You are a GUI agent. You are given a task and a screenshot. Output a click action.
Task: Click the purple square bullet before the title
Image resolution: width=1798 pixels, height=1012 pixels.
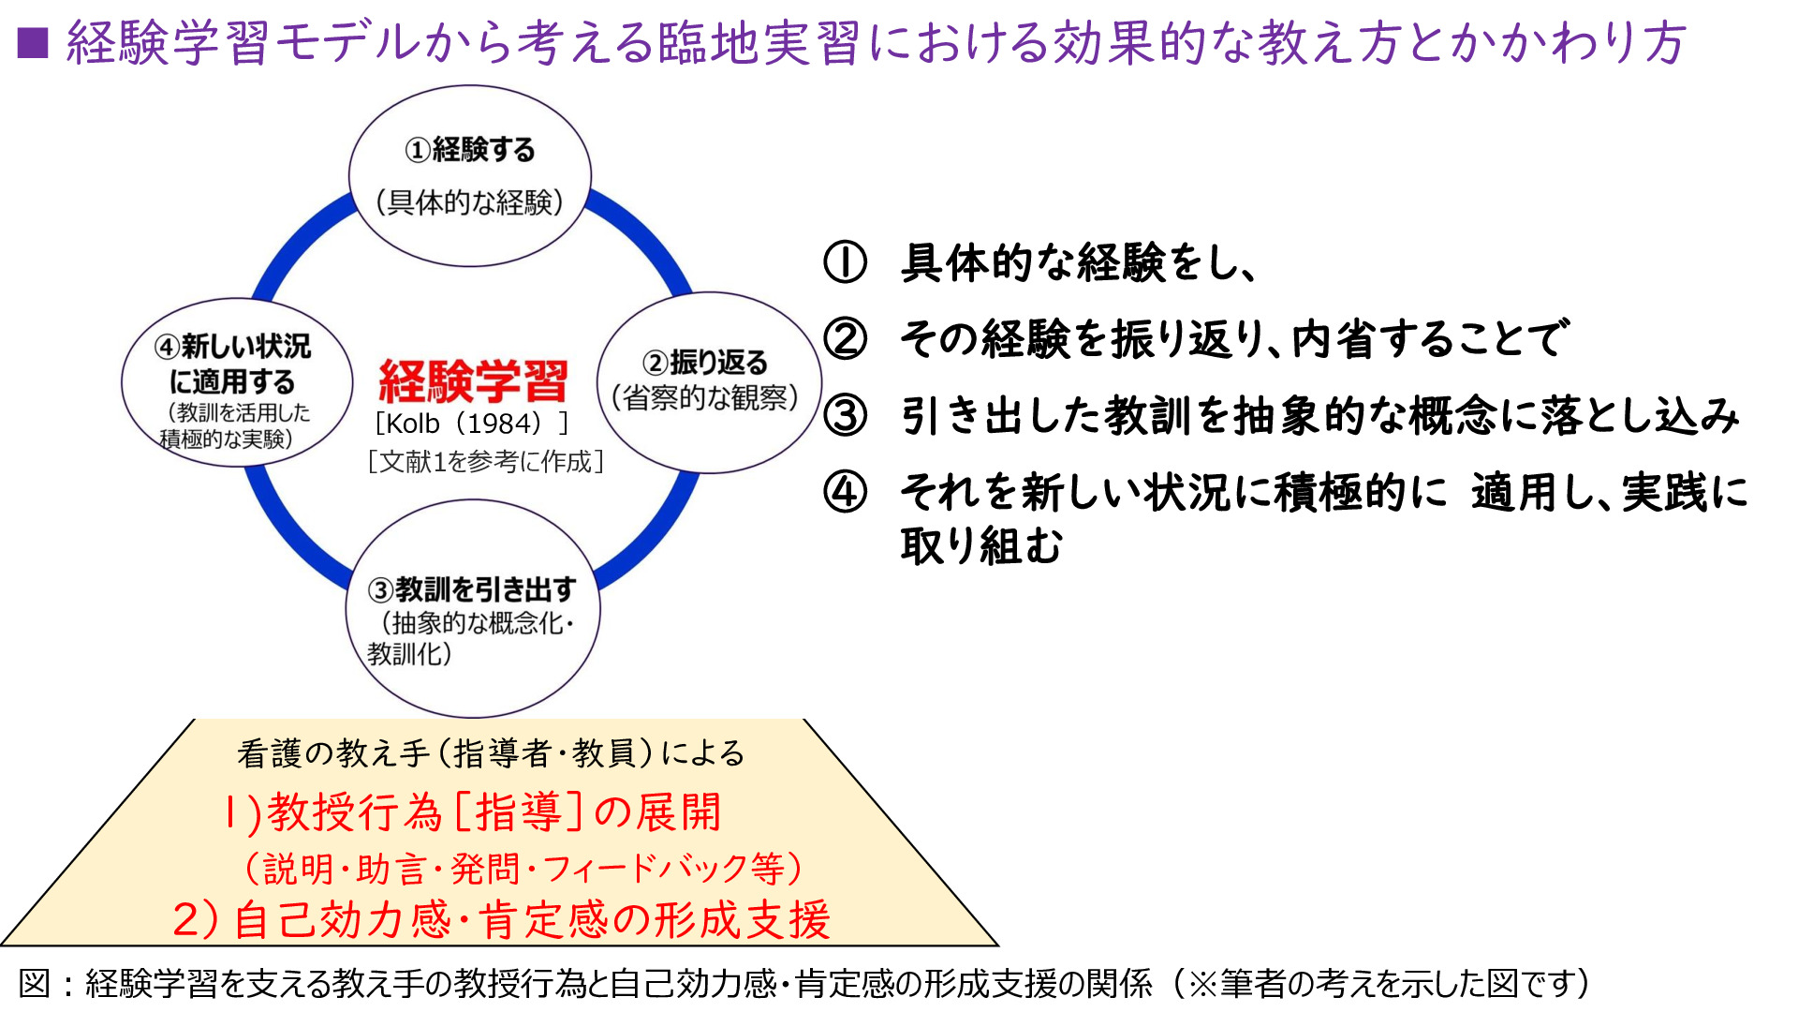pos(33,42)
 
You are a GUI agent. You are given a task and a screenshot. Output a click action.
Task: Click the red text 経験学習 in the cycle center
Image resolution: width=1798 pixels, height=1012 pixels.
pos(473,381)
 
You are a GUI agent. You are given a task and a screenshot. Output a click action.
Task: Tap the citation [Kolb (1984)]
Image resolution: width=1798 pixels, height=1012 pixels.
pos(471,424)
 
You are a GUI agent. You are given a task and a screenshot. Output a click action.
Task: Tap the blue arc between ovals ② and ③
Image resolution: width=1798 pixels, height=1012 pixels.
pos(656,529)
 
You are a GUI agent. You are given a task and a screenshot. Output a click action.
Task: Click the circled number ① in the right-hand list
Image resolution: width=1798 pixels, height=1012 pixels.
pos(845,262)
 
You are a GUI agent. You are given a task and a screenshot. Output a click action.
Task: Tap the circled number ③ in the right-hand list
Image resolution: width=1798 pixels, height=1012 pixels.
pos(845,415)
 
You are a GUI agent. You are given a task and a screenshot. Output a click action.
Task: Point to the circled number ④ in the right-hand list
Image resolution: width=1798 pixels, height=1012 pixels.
pos(845,491)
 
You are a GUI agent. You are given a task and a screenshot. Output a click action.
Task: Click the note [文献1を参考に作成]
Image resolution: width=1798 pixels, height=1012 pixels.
pos(485,462)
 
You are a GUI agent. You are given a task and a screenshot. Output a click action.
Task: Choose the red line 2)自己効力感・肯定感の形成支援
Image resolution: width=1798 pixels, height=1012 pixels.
pos(502,919)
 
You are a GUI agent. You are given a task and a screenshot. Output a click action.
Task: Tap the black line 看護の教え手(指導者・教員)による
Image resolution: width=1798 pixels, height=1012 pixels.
pos(491,753)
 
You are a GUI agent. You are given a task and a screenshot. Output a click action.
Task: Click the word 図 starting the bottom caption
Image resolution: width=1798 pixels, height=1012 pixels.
pos(35,983)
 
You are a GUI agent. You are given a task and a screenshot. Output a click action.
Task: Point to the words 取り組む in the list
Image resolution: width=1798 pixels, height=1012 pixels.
pos(981,545)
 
